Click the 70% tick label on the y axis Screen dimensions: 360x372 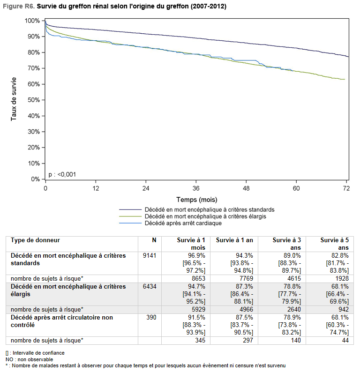point(33,68)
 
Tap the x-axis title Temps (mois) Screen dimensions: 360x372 point(197,200)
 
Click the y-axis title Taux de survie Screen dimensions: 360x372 point(14,99)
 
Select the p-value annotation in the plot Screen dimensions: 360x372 point(62,175)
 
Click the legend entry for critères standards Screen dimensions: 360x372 point(197,210)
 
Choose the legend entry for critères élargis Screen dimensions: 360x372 point(193,216)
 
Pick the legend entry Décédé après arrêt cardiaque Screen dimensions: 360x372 point(170,223)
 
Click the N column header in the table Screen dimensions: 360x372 point(154,240)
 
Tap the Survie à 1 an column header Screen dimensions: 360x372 point(234,240)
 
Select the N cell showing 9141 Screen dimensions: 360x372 point(150,255)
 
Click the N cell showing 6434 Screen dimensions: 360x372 point(150,286)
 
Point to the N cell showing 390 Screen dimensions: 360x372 point(151,317)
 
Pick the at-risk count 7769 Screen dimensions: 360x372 point(247,278)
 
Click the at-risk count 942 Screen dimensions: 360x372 point(344,309)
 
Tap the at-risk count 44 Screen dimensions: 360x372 point(345,340)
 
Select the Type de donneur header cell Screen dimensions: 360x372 point(35,240)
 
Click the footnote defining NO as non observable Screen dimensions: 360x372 point(29,359)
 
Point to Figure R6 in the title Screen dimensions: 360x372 point(19,6)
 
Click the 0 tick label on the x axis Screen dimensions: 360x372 point(45,188)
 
